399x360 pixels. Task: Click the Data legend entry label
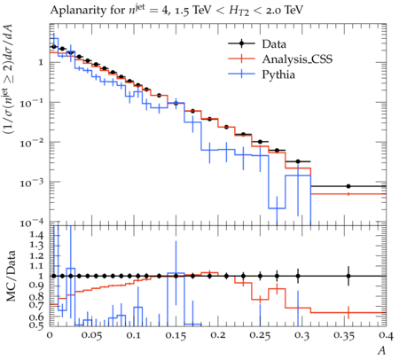pos(274,44)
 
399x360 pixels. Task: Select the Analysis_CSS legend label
pos(297,59)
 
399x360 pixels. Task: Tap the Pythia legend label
pos(278,74)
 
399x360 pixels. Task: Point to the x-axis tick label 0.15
pos(176,336)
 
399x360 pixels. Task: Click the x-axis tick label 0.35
pos(344,336)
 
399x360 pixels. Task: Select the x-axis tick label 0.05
pos(91,336)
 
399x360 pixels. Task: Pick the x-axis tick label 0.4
pos(387,335)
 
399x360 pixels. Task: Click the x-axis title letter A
pos(382,351)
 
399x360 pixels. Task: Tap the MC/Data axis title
pos(11,276)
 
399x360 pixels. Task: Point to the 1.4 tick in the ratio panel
pos(36,236)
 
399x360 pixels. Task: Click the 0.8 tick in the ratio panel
pos(36,296)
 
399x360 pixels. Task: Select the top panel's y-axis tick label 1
pos(41,63)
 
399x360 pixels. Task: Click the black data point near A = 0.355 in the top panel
pos(348,186)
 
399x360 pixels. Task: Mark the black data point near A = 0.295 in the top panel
pos(298,161)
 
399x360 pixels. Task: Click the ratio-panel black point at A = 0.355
pos(348,276)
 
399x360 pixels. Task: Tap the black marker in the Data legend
pos(241,43)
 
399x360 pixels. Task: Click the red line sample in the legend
pos(241,59)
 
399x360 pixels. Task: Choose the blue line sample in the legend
pos(241,74)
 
